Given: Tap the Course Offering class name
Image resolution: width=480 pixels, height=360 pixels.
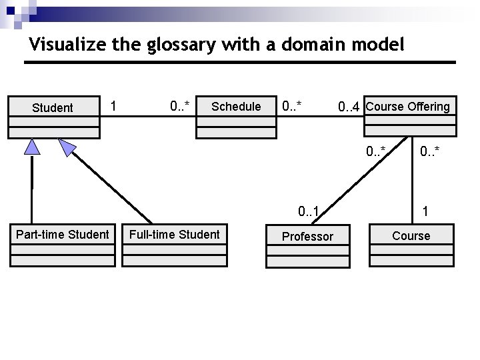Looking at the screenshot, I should pos(408,106).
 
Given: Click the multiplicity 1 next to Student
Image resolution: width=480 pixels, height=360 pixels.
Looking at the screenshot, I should pos(114,106).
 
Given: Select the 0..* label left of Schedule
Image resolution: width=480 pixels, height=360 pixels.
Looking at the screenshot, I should pos(180,106).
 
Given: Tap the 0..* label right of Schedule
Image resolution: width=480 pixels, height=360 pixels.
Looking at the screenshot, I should pos(292,106).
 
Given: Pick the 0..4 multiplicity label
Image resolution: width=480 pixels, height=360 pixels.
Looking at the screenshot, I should pos(349,107).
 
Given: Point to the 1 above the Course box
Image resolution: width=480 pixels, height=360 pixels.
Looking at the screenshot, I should pos(425,213).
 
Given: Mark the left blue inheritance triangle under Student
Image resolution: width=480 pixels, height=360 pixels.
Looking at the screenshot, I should pos(32,147).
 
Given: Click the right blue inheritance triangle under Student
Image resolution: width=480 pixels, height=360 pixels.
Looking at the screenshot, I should pos(67,147).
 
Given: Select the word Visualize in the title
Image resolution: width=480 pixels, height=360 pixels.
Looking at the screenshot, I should pos(61,45).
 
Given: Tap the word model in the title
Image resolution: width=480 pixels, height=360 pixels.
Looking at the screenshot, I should pos(381,45).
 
